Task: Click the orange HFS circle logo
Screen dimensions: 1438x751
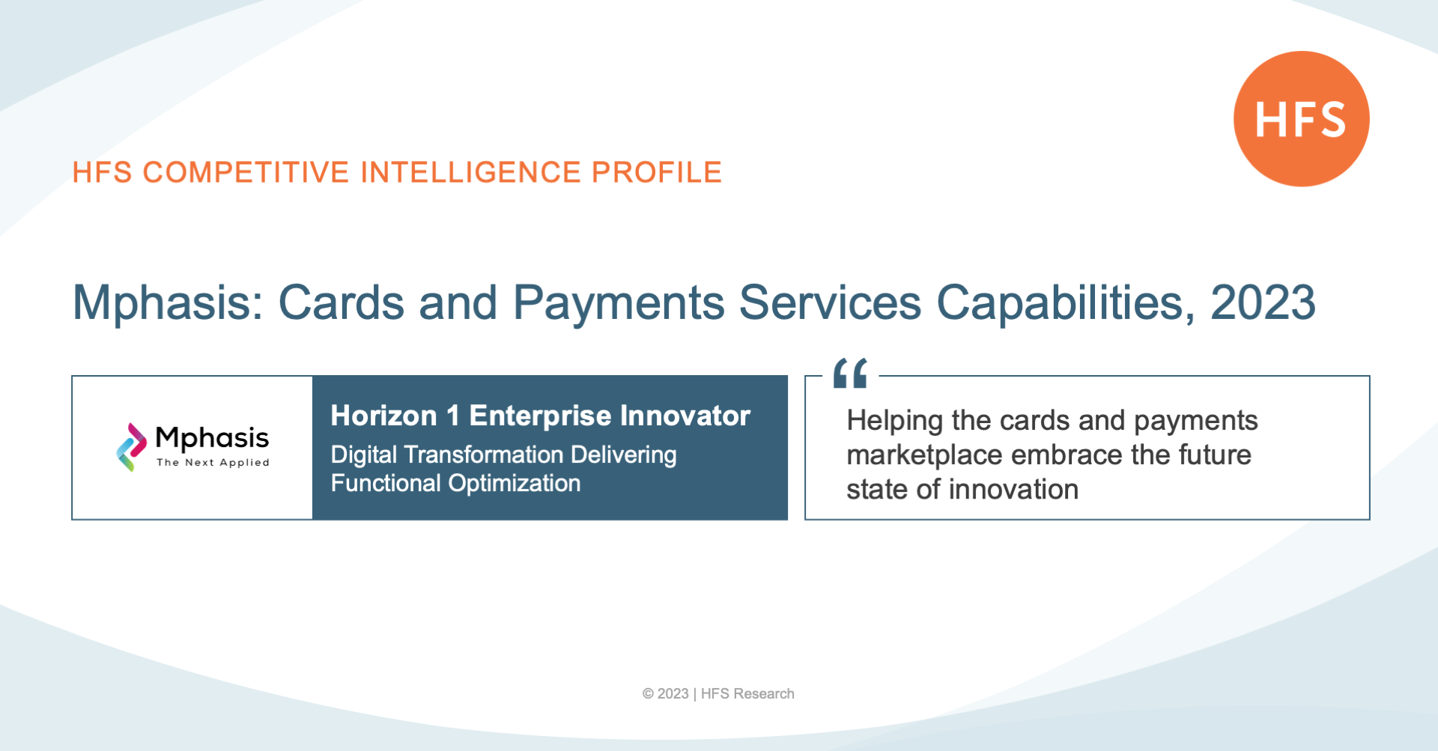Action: coord(1302,118)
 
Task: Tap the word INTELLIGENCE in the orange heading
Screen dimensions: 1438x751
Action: coord(471,172)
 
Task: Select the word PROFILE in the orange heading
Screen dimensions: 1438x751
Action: coord(657,172)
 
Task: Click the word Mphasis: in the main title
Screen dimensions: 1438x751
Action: coord(168,303)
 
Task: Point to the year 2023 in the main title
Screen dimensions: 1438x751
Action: coord(1263,302)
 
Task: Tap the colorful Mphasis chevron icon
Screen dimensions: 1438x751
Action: coord(132,447)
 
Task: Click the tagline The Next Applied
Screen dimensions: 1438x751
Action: coord(213,463)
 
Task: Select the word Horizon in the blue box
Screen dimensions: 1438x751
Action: coord(383,416)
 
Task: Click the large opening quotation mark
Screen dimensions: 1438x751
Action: coord(850,373)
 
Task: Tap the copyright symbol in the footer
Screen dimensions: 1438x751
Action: coord(648,694)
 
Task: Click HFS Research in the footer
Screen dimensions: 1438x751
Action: coord(747,694)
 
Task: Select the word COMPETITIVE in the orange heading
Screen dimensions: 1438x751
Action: coord(246,172)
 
